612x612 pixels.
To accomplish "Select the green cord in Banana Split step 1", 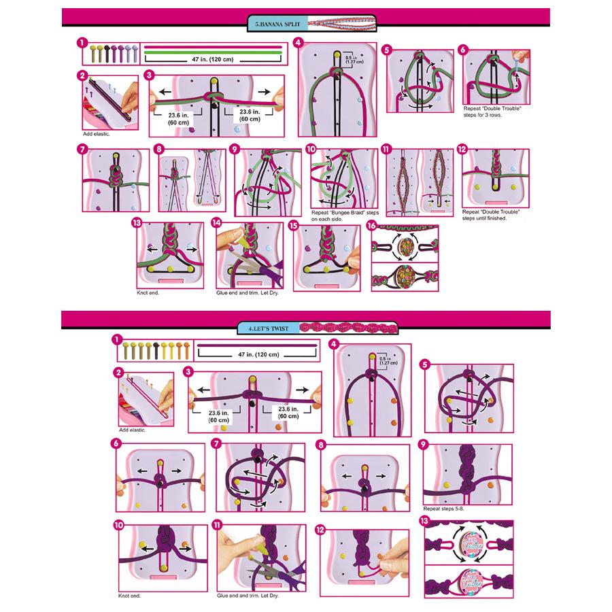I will pos(213,53).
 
